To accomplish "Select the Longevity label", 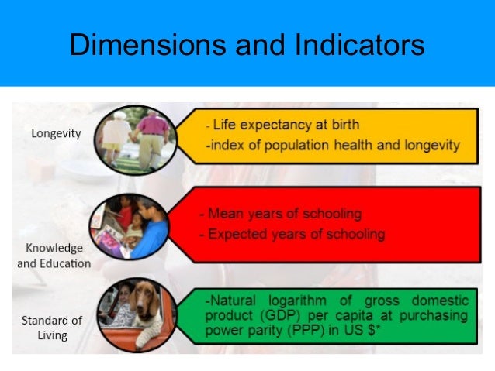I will click(x=56, y=133).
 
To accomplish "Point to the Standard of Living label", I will click(x=50, y=328).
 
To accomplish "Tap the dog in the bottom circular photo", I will click(x=146, y=306).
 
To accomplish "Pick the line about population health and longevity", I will click(x=333, y=144).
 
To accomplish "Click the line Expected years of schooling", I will click(x=292, y=233).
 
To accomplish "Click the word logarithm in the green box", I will click(x=289, y=301).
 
